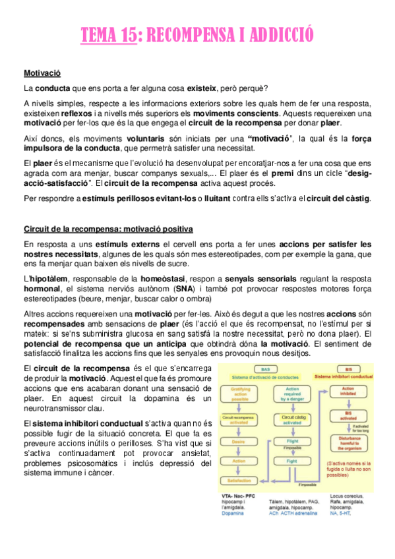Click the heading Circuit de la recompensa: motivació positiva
(x=108, y=229)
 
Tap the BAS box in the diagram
(x=265, y=370)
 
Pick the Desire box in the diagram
(x=239, y=441)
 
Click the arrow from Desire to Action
(x=239, y=451)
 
